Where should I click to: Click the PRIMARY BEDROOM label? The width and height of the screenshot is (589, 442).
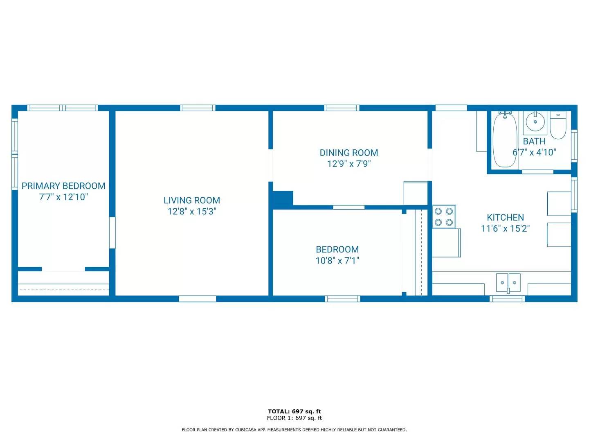tap(63, 186)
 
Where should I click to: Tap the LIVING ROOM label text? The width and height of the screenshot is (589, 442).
tap(192, 200)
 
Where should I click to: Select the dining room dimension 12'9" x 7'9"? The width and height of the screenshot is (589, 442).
tap(349, 164)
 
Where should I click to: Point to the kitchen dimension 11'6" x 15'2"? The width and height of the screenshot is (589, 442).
tap(505, 228)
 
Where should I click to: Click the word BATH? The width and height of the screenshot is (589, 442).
tap(534, 141)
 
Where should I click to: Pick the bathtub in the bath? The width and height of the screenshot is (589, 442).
tap(505, 140)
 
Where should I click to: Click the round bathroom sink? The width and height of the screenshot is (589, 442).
tap(535, 122)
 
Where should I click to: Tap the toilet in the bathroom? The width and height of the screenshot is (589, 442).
tap(558, 125)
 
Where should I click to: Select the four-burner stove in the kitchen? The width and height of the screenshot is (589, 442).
tap(444, 216)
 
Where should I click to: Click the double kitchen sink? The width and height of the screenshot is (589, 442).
tap(508, 282)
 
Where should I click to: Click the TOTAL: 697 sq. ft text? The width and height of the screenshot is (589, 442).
tap(294, 411)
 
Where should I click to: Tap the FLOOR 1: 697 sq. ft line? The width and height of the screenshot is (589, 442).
tap(294, 418)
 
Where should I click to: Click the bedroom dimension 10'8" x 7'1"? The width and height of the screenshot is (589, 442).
tap(337, 261)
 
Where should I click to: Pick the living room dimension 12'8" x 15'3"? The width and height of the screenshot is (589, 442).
tap(192, 212)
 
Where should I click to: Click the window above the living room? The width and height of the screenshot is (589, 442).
tap(198, 108)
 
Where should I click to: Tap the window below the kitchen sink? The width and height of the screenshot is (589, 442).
tap(507, 299)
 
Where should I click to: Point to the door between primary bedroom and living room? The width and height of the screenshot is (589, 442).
tap(112, 233)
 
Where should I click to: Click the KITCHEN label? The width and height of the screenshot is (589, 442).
tap(505, 217)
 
